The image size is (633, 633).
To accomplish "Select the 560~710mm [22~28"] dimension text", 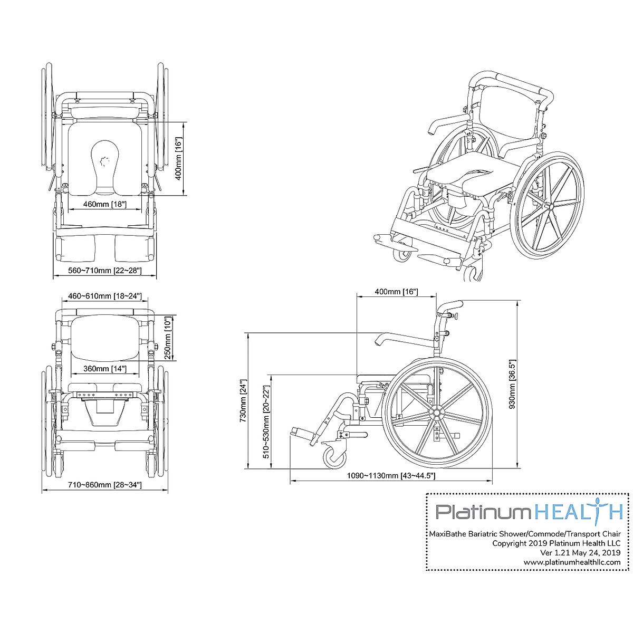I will [x=105, y=271].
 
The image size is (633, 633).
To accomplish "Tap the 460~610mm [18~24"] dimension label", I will [x=104, y=296].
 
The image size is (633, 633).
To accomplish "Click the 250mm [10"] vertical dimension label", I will [x=167, y=338].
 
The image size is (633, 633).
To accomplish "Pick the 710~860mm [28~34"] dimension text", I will [x=105, y=485].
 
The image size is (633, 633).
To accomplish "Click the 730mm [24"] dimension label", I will [x=243, y=401].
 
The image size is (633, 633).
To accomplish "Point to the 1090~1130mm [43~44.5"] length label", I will [x=390, y=475].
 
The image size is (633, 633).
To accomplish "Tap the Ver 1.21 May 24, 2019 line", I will [x=580, y=553].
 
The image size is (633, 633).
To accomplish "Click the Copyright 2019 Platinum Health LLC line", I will [x=556, y=543].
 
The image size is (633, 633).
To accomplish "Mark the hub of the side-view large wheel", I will [x=437, y=411].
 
